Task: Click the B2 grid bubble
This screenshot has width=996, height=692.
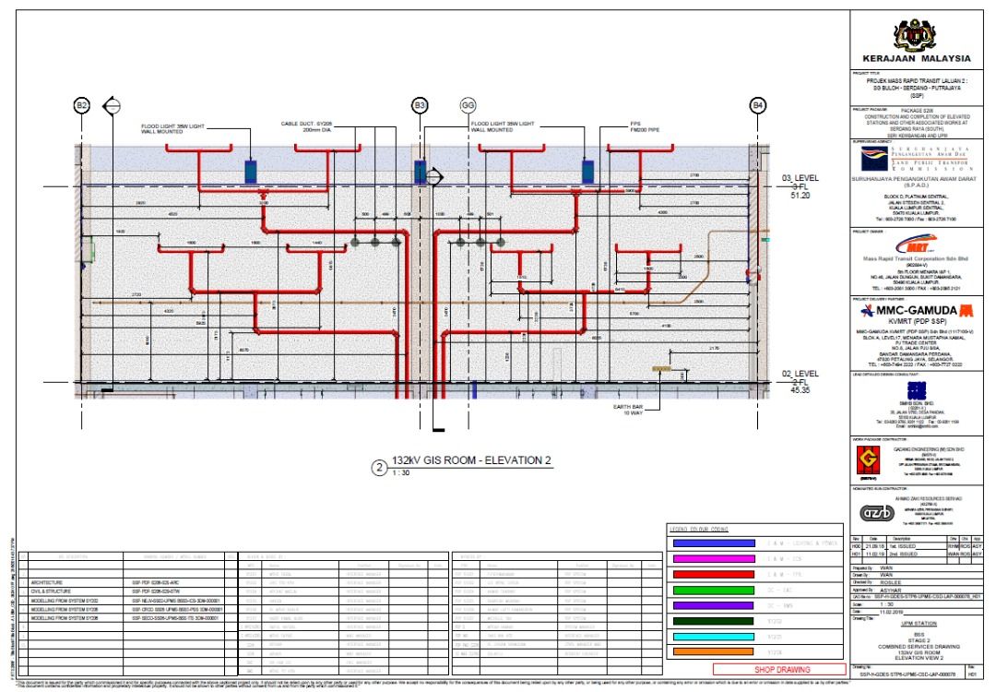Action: tap(82, 106)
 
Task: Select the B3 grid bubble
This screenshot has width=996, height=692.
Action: tap(421, 106)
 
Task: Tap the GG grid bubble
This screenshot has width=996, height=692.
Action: tap(467, 106)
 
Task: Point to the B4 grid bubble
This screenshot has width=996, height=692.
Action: tap(758, 106)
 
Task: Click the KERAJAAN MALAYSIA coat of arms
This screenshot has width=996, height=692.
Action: tap(921, 36)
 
